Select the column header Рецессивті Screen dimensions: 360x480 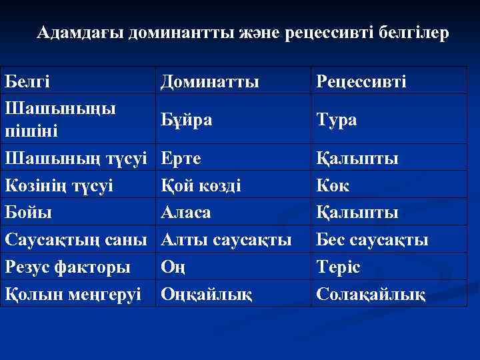pyautogui.click(x=361, y=81)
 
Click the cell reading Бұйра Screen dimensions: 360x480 pyautogui.click(x=187, y=119)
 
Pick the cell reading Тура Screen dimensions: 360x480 pyautogui.click(x=337, y=120)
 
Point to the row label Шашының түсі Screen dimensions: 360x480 pyautogui.click(x=76, y=159)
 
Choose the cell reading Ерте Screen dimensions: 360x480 pyautogui.click(x=182, y=159)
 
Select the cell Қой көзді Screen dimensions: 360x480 pyautogui.click(x=201, y=185)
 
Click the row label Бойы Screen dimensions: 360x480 pyautogui.click(x=29, y=212)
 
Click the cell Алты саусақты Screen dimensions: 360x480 pyautogui.click(x=227, y=239)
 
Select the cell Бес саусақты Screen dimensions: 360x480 pyautogui.click(x=372, y=239)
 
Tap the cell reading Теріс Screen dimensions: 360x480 pyautogui.click(x=338, y=267)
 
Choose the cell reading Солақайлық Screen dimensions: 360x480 pyautogui.click(x=371, y=293)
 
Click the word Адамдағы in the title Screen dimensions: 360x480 pyautogui.click(x=81, y=33)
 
